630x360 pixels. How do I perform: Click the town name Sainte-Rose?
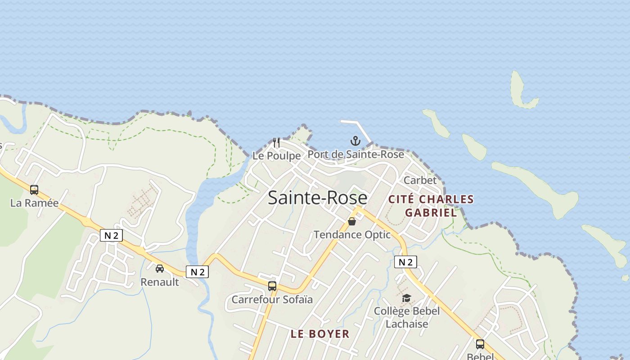point(317,198)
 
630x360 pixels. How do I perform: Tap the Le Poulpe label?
point(276,156)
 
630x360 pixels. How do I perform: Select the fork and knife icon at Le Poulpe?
point(276,143)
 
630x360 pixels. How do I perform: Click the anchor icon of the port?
point(355,141)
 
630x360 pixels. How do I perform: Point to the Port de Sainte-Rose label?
point(355,154)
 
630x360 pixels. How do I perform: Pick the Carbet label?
point(420,180)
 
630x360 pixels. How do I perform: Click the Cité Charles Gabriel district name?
point(431,206)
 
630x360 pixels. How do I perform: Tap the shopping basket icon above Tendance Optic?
point(352,221)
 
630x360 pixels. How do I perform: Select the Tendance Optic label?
point(352,234)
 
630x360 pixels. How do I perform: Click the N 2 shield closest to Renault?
point(197,272)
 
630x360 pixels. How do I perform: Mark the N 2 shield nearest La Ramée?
point(111,235)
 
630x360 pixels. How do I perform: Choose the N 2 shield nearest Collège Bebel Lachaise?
point(405,262)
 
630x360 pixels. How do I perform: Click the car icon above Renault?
point(160,269)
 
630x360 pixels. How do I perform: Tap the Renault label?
point(160,282)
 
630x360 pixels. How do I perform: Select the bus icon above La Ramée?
point(34,189)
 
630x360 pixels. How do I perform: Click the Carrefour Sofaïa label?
point(272,300)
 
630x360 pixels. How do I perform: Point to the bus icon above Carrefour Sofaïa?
point(272,286)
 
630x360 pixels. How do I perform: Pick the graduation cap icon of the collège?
point(406,298)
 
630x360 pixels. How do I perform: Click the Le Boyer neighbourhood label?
point(320,334)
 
